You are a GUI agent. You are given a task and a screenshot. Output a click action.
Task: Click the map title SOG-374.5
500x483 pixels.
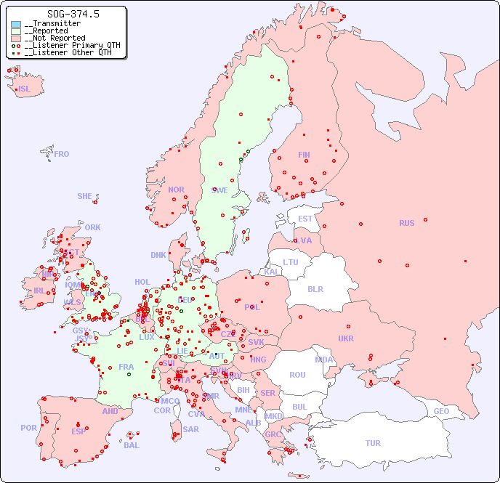click(x=73, y=14)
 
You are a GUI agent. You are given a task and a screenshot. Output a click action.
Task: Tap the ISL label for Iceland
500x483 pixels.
click(x=25, y=89)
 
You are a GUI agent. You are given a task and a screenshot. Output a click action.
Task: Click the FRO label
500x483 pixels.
click(x=62, y=154)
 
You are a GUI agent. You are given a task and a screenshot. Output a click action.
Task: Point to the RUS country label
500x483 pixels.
click(x=406, y=223)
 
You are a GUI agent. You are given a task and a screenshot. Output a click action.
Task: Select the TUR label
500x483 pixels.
click(x=373, y=443)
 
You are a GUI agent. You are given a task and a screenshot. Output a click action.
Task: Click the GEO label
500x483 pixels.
click(x=441, y=411)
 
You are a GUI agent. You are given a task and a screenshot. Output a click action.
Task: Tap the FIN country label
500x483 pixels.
click(x=304, y=155)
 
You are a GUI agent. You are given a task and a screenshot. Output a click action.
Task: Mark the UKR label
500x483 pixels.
click(x=346, y=338)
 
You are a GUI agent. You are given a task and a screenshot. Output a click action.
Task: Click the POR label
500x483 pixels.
click(x=28, y=428)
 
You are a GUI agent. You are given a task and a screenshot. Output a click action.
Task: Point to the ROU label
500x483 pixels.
click(x=297, y=375)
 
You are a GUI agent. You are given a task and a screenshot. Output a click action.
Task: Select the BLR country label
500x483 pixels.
click(x=315, y=288)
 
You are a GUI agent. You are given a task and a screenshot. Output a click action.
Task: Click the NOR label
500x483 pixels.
click(x=176, y=190)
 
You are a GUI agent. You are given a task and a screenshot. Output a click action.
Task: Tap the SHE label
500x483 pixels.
click(x=85, y=196)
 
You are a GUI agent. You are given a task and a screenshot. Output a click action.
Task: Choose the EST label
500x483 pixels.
click(x=305, y=219)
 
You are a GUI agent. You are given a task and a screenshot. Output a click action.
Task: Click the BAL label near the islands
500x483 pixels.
click(x=132, y=445)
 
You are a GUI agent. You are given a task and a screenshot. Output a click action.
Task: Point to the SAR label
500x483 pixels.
click(x=191, y=429)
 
